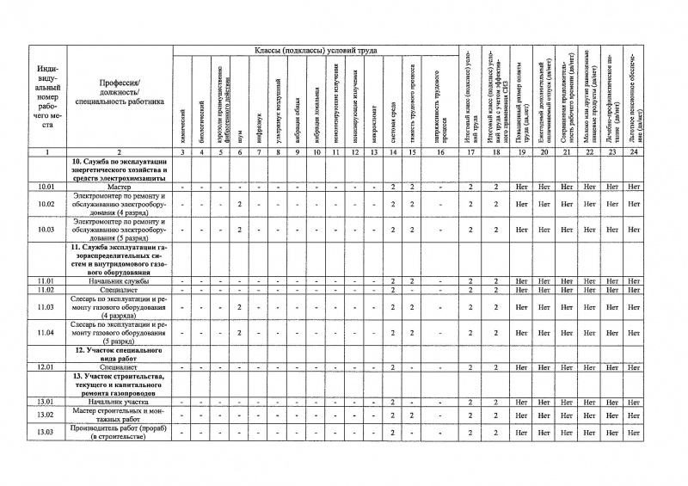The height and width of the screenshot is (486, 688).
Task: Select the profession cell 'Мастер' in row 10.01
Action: click(120, 187)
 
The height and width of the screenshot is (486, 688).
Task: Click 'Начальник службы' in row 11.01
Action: click(120, 281)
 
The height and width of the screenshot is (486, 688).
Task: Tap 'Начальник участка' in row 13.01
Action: click(120, 402)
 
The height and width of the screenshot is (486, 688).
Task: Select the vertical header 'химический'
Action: click(182, 112)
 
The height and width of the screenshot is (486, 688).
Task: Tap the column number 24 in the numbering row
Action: click(635, 152)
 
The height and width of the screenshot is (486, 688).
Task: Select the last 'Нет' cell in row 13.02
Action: click(635, 415)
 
